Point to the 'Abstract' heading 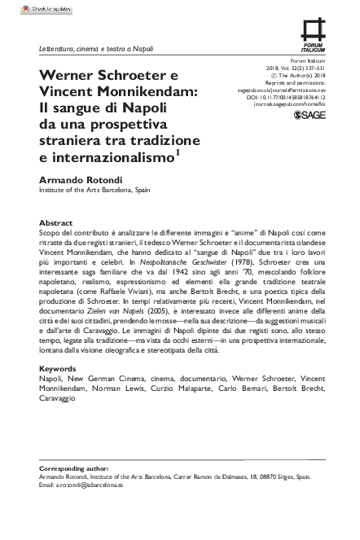[56, 222]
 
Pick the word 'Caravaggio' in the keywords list [57, 398]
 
